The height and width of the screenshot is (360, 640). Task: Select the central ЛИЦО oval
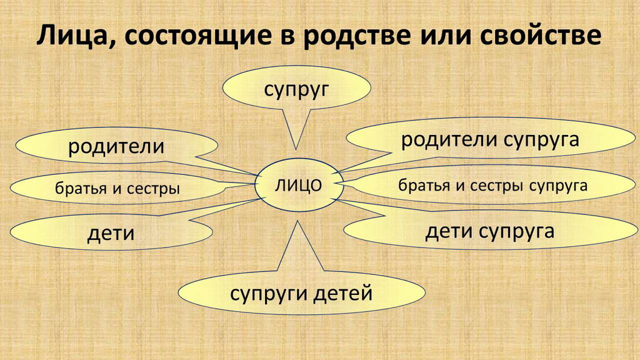tap(298, 185)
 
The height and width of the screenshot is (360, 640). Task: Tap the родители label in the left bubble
tap(116, 146)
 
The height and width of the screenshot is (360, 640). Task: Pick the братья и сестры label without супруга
tap(117, 188)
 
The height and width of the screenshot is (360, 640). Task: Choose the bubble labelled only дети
tap(111, 232)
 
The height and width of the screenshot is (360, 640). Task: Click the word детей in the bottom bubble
tap(342, 293)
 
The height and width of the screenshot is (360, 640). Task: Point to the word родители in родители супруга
tap(449, 139)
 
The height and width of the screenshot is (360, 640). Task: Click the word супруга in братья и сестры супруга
tap(558, 186)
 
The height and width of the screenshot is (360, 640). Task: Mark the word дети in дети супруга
tap(449, 231)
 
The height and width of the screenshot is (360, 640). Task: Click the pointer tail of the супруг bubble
tap(296, 129)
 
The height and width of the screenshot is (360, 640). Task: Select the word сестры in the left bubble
tap(154, 189)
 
